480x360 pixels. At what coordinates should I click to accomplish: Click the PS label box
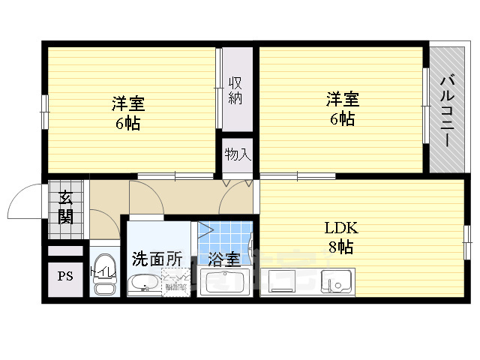[x=65, y=276]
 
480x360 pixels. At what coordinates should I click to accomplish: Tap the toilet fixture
[x=103, y=286]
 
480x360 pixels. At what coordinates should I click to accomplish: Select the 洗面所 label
[x=157, y=259]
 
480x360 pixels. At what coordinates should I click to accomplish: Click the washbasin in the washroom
[x=142, y=284]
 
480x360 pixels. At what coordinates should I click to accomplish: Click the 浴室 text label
[x=224, y=260]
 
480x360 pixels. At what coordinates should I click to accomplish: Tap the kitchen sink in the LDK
[x=337, y=281]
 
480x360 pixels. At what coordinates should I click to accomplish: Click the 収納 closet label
[x=235, y=89]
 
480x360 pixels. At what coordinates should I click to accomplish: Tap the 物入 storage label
[x=238, y=154]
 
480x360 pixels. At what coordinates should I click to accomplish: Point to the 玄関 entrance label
[x=65, y=208]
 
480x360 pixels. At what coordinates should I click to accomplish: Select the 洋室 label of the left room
[x=128, y=104]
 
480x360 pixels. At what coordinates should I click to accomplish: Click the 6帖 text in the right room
[x=342, y=119]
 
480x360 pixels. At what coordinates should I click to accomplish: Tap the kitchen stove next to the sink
[x=283, y=282]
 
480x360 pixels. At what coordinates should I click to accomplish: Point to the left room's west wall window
[x=44, y=111]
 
